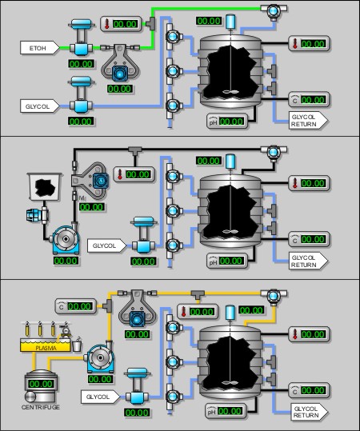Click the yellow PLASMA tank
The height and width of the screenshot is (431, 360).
point(46,345)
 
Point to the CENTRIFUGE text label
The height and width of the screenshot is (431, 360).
point(41,407)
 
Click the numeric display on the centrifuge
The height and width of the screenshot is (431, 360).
point(41,384)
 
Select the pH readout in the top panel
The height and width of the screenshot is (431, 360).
point(227,121)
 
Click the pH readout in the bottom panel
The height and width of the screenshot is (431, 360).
point(226,411)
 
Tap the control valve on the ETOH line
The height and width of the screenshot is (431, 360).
point(81,38)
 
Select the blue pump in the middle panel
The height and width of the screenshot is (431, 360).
point(66,238)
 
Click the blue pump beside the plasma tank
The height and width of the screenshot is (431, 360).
point(100,357)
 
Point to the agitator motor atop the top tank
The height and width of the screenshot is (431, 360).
point(230,22)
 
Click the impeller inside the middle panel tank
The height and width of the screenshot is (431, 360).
point(230,231)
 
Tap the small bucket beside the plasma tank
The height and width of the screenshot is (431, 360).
point(78,345)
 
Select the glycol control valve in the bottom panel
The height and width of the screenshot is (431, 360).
point(137,386)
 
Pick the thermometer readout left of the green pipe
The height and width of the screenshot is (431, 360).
point(121,24)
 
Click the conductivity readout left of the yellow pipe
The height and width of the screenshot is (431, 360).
point(76,306)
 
